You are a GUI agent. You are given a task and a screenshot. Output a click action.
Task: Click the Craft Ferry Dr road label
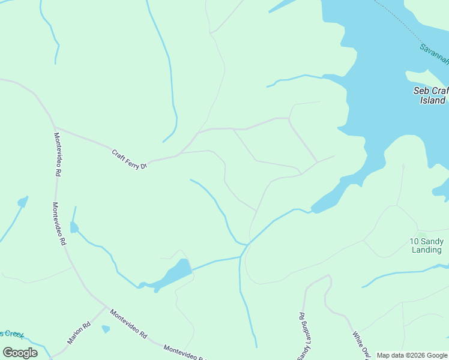click(129, 159)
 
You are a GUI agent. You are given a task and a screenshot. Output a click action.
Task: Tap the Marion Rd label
click(79, 334)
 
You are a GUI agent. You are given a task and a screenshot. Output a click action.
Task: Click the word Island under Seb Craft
click(432, 100)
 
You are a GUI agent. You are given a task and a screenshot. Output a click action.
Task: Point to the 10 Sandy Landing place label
click(427, 245)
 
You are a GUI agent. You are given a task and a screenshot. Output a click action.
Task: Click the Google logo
click(20, 353)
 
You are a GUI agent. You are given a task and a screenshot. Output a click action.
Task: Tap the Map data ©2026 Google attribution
click(412, 355)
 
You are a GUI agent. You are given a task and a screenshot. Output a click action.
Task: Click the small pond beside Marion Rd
click(106, 329)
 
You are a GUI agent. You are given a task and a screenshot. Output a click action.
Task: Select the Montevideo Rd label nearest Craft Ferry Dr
click(58, 154)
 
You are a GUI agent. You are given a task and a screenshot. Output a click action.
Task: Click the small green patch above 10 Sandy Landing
click(421, 233)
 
